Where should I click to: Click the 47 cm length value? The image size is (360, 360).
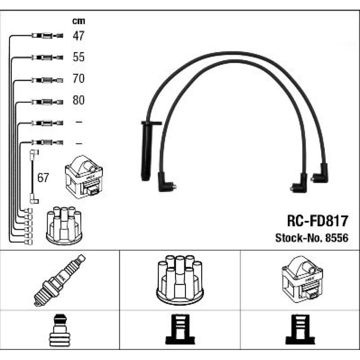[x=78, y=35]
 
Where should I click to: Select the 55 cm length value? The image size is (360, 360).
[x=78, y=57]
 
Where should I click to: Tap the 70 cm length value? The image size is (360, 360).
[x=78, y=78]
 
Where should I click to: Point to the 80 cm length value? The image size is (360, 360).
[x=78, y=100]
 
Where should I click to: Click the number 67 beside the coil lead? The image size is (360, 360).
[x=43, y=178]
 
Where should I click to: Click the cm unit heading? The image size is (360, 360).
[x=78, y=21]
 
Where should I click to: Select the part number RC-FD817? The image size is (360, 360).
[x=317, y=221]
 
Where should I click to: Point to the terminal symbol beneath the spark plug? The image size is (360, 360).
[x=59, y=330]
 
